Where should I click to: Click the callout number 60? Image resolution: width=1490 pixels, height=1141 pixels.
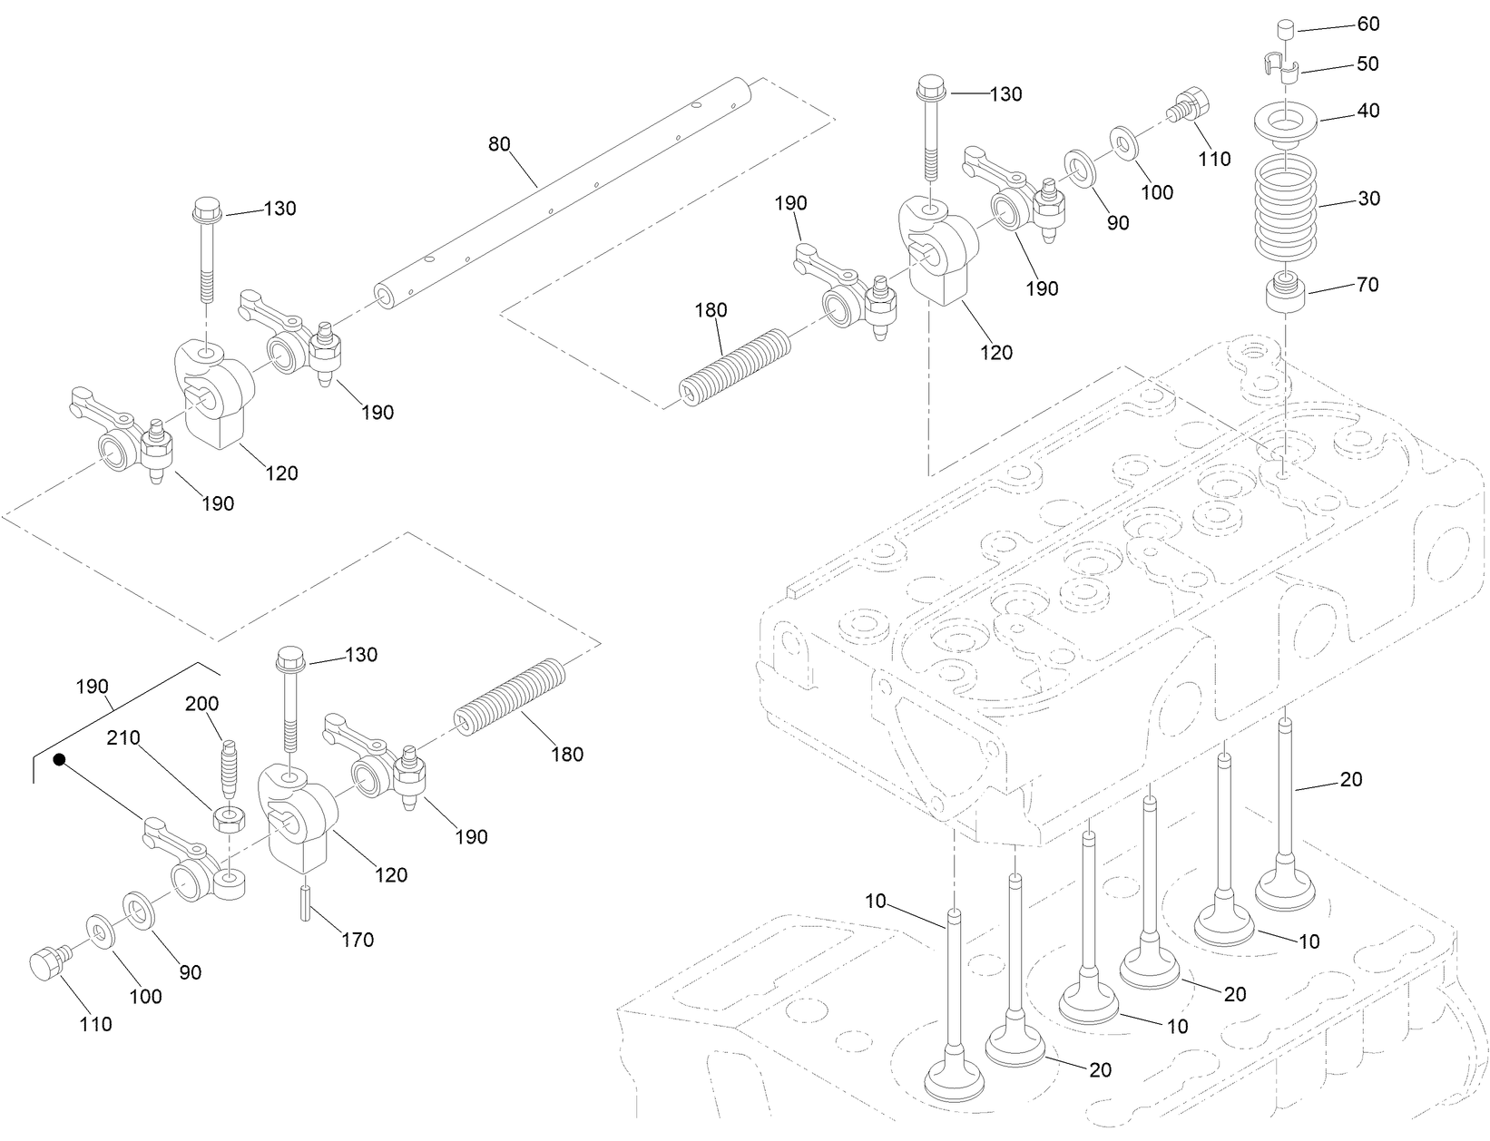(1367, 24)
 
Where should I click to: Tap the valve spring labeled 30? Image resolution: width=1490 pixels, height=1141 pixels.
(1285, 204)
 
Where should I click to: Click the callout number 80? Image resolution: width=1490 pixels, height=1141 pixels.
(499, 144)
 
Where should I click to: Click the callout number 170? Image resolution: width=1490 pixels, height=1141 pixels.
(357, 940)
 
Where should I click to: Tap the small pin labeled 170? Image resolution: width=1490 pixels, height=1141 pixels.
(306, 903)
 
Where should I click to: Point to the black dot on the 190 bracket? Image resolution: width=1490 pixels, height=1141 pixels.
(59, 759)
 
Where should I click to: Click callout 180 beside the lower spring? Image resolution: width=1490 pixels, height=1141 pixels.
(567, 754)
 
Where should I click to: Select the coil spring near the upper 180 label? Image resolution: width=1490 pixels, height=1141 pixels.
(735, 368)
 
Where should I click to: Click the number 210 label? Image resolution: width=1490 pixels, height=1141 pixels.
(123, 738)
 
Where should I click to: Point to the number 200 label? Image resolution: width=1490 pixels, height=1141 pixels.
(201, 704)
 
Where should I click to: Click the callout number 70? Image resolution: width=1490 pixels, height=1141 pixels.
(1367, 285)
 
